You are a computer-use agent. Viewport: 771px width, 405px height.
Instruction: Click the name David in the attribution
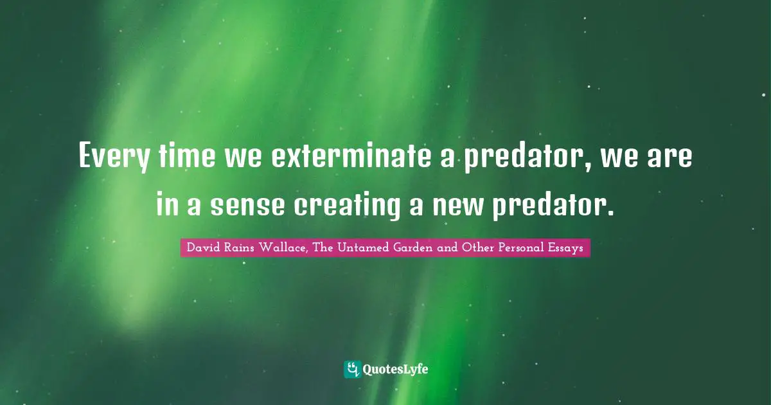click(x=200, y=248)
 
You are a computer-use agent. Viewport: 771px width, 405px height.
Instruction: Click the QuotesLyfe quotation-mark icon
click(x=351, y=369)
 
